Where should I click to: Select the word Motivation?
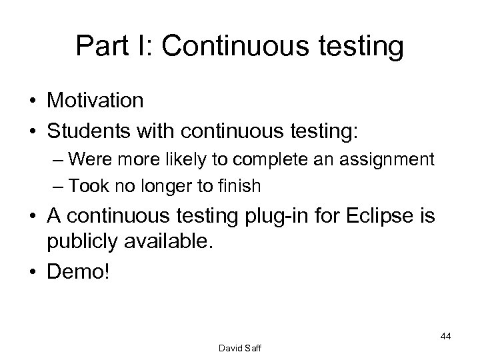coord(95,100)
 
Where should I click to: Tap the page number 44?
coord(445,337)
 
